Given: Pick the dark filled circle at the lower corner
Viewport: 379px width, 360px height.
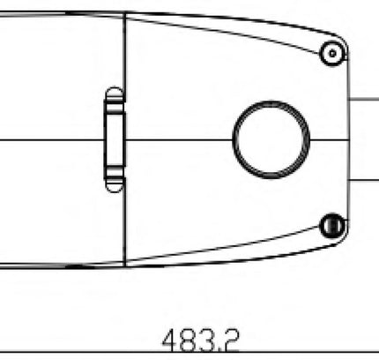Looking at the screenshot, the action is pyautogui.click(x=332, y=226).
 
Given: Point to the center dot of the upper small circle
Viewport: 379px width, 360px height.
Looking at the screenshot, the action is pyautogui.click(x=332, y=54).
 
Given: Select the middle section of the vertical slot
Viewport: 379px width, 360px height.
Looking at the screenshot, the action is pyautogui.click(x=115, y=139).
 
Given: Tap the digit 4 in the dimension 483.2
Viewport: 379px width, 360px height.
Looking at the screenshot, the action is pyautogui.click(x=171, y=340).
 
